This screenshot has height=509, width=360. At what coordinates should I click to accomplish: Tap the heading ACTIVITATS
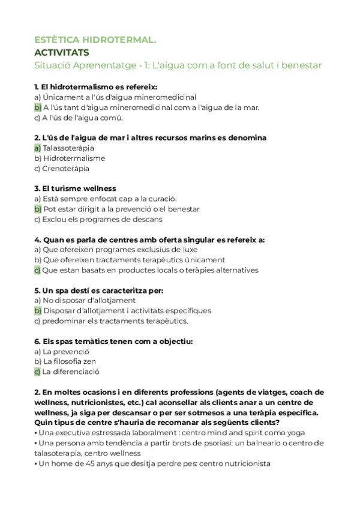(x=62, y=52)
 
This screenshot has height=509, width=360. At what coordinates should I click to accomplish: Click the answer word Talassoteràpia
(x=68, y=148)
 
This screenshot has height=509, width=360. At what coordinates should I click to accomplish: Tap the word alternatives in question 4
(x=235, y=270)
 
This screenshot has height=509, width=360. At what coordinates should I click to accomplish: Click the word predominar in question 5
(x=62, y=321)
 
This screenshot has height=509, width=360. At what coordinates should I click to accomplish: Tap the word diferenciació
(x=76, y=372)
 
